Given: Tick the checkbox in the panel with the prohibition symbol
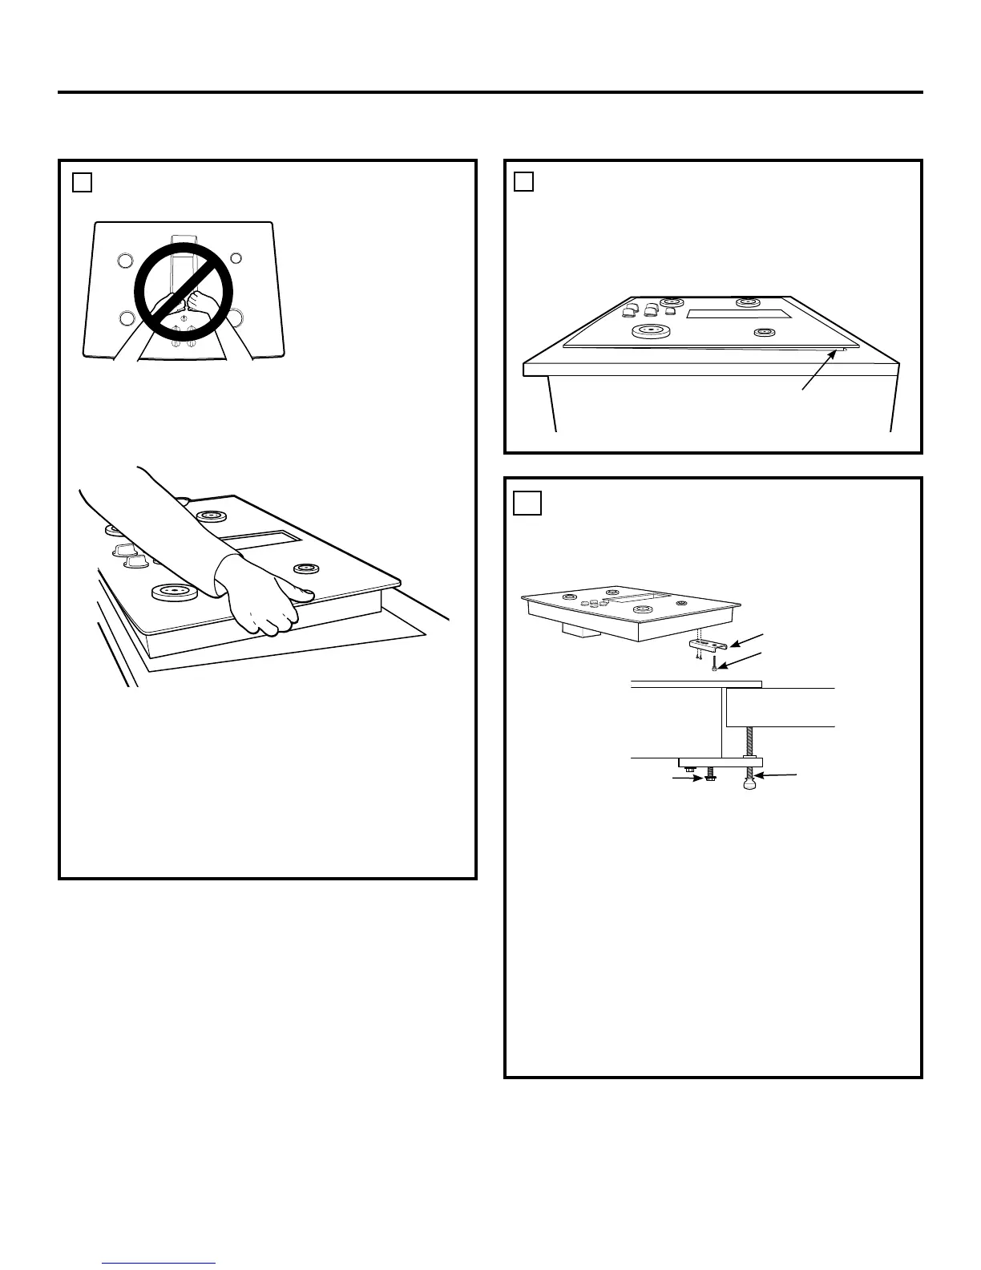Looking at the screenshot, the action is pyautogui.click(x=82, y=183).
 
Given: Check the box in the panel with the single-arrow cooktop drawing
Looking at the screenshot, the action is pyautogui.click(x=523, y=183).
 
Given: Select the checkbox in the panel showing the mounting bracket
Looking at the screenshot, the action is pyautogui.click(x=527, y=503).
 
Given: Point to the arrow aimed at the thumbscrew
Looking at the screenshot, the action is pyautogui.click(x=778, y=775).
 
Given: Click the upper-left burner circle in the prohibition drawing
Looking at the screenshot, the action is pyautogui.click(x=123, y=260).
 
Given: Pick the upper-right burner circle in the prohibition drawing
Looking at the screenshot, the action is pyautogui.click(x=236, y=257).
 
